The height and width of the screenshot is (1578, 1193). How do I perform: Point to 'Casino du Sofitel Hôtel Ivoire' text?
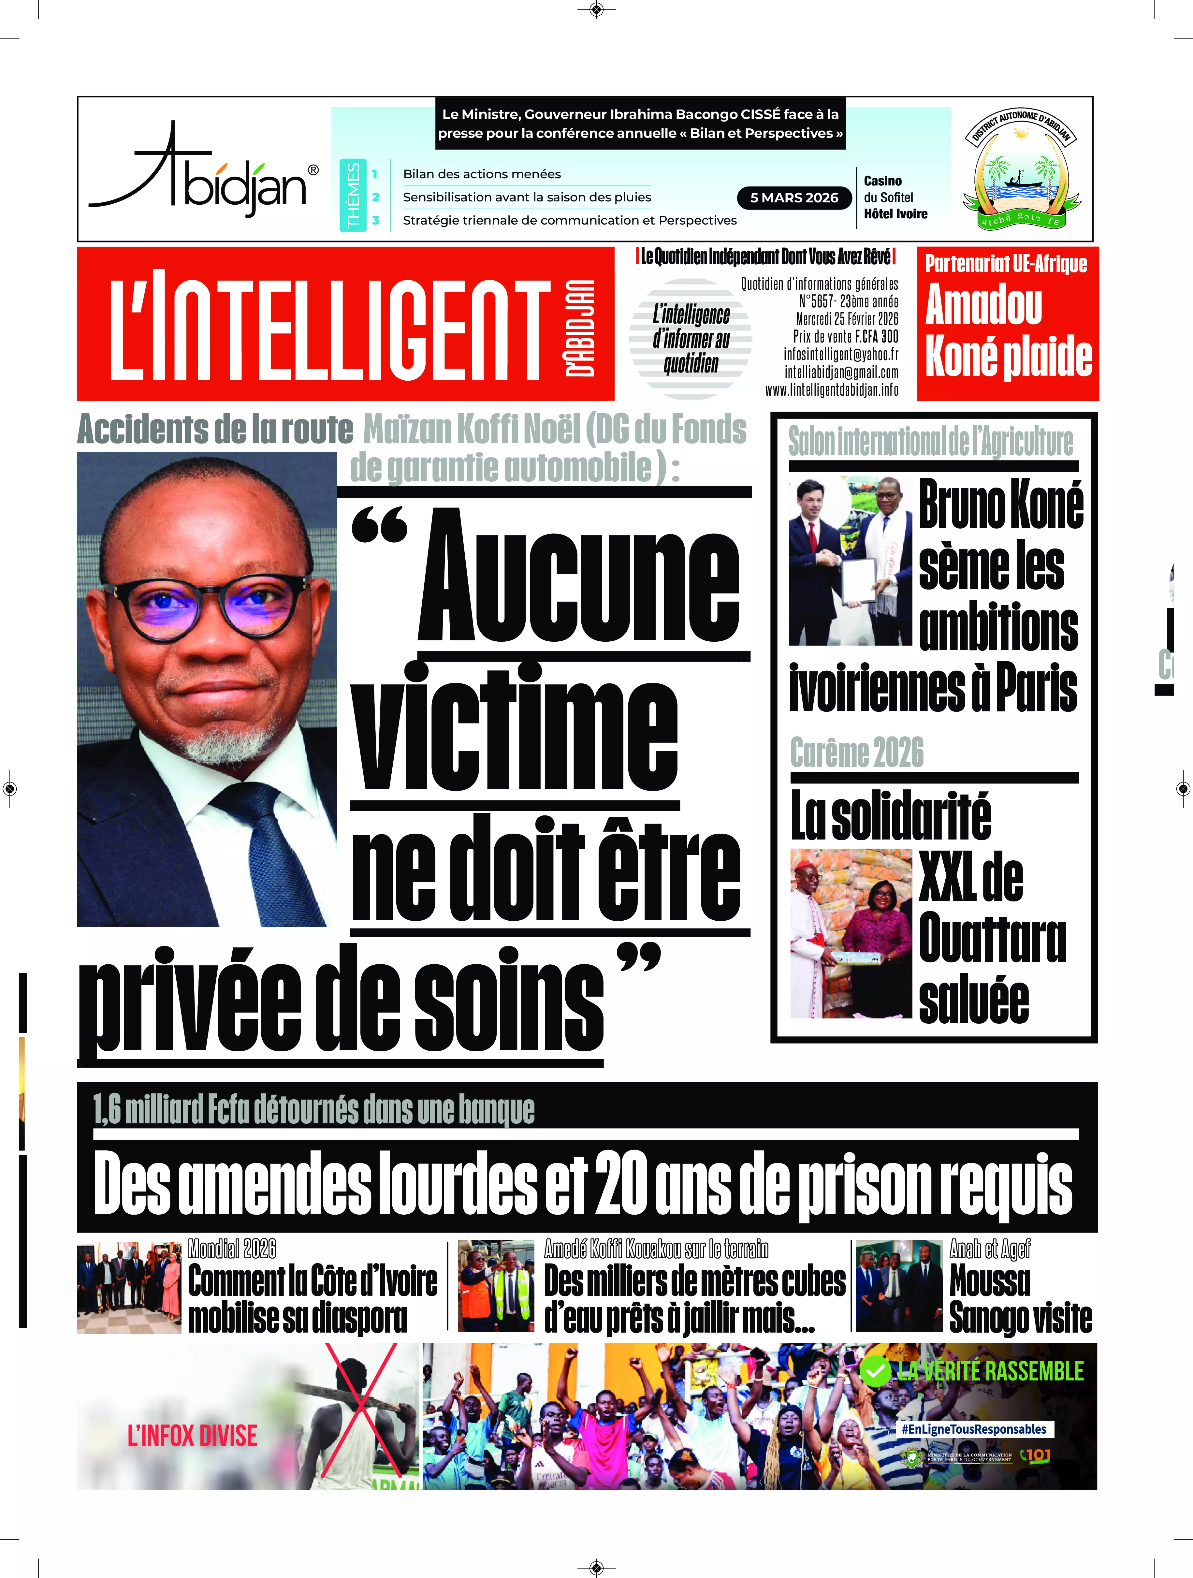[895, 197]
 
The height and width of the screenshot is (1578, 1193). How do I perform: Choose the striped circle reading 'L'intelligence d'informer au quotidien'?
[691, 339]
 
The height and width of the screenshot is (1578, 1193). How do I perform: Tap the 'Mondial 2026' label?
[232, 1249]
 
